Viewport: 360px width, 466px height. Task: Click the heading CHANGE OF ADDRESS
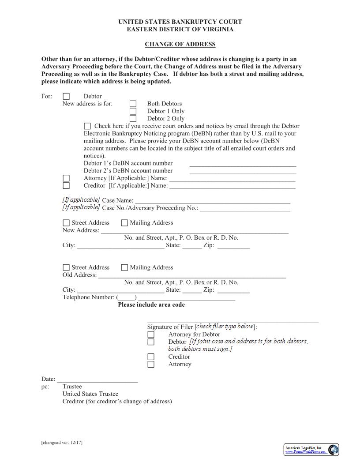tap(180, 44)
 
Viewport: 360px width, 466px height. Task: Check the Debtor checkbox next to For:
tap(66, 96)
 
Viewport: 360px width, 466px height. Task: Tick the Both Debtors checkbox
tap(133, 104)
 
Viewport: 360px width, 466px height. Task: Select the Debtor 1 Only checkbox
tap(133, 111)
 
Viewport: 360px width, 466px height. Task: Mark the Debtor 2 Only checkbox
tap(133, 119)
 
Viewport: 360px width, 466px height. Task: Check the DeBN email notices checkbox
tap(87, 126)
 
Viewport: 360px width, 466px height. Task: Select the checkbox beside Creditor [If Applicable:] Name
tap(66, 186)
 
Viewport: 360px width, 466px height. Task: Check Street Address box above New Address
tap(66, 223)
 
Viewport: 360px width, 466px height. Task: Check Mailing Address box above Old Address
tap(124, 267)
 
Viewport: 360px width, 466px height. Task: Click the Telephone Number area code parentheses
tap(127, 298)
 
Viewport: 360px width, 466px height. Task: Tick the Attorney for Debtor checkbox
tap(151, 334)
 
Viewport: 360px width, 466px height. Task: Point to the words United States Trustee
tap(90, 394)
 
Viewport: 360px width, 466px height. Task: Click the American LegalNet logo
tap(311, 450)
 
